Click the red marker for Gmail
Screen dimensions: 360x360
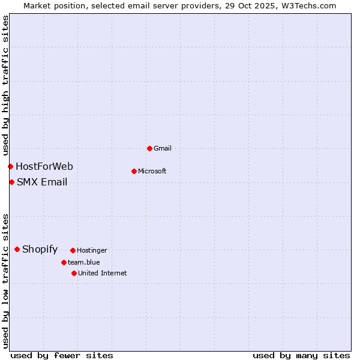149,148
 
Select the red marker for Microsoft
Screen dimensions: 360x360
134,171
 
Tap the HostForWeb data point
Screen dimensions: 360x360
10,166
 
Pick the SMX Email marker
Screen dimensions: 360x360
11,182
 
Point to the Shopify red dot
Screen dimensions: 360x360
17,249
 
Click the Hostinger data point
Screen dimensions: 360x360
73,250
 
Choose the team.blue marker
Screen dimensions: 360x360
64,262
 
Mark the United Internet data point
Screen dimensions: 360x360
74,273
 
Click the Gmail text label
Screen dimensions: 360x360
163,148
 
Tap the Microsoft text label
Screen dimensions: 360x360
152,171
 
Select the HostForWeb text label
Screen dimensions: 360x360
44,166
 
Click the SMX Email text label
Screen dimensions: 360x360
42,182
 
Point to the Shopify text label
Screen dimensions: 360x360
40,249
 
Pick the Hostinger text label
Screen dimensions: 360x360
92,250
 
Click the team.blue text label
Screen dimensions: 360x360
84,262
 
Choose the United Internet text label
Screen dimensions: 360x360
103,273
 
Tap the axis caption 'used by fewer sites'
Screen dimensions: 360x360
62,355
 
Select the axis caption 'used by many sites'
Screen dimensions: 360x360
301,355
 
